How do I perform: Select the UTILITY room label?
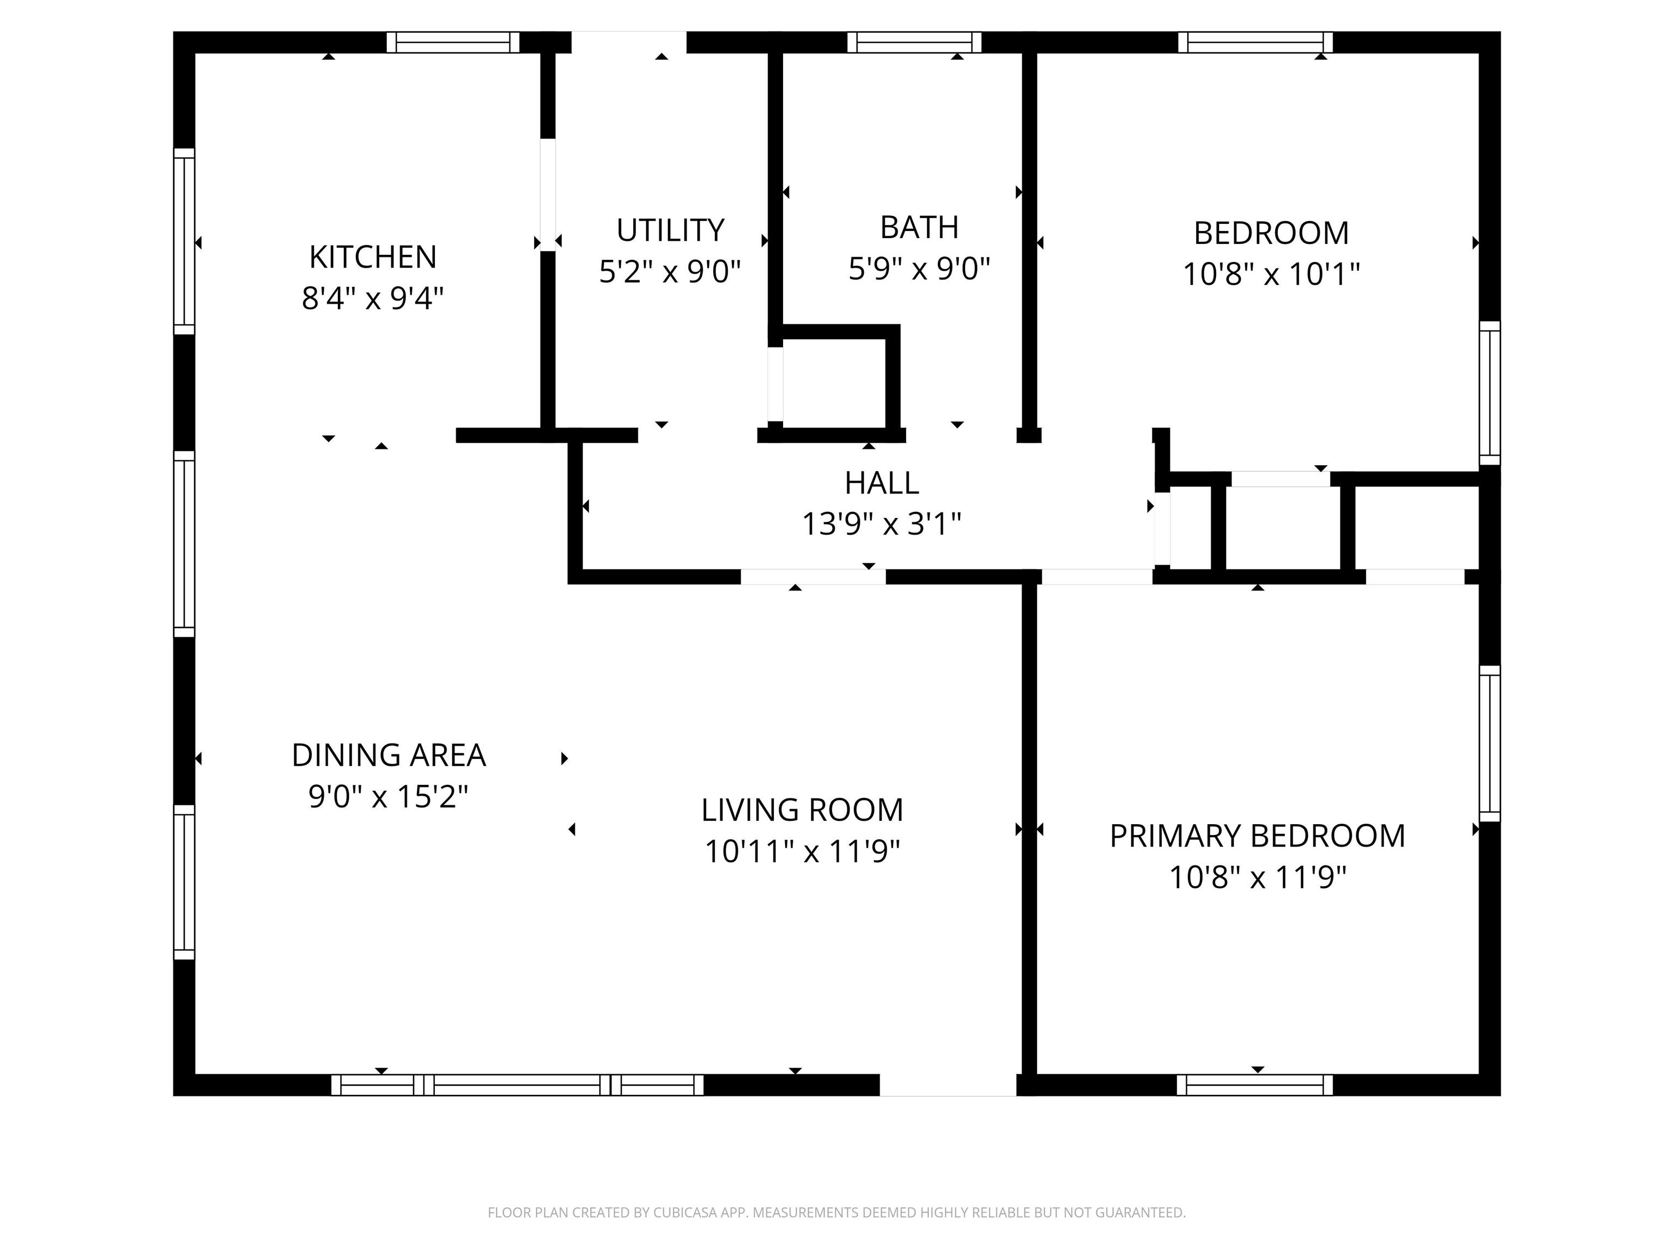(x=670, y=230)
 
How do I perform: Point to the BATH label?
(x=919, y=227)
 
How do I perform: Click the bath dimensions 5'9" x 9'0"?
(x=919, y=269)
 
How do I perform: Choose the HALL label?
(x=882, y=483)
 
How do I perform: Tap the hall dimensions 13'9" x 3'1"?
(x=882, y=523)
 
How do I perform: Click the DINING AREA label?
(x=388, y=755)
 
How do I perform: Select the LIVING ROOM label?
(x=802, y=810)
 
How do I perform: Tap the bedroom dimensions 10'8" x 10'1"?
(x=1271, y=274)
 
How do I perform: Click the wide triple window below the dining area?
(x=518, y=1085)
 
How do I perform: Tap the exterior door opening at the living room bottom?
(x=948, y=1085)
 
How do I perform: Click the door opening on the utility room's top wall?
(x=628, y=42)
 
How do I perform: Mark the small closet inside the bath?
(x=833, y=382)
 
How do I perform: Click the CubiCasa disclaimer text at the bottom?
(x=836, y=1213)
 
